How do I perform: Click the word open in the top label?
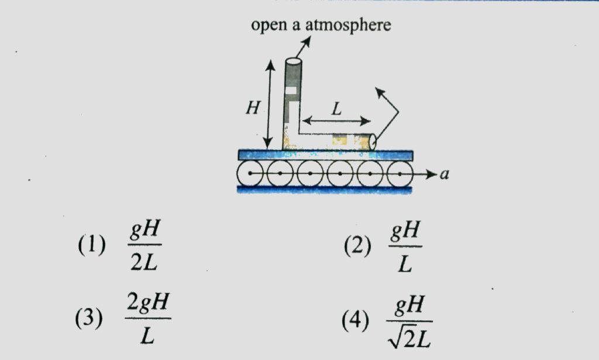[267, 26]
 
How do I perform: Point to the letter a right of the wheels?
[444, 174]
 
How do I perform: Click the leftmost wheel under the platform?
[250, 174]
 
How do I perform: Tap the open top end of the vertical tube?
[292, 61]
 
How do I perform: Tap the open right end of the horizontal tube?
[371, 140]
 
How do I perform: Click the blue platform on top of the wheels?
[325, 155]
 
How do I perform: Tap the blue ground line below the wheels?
[325, 189]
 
